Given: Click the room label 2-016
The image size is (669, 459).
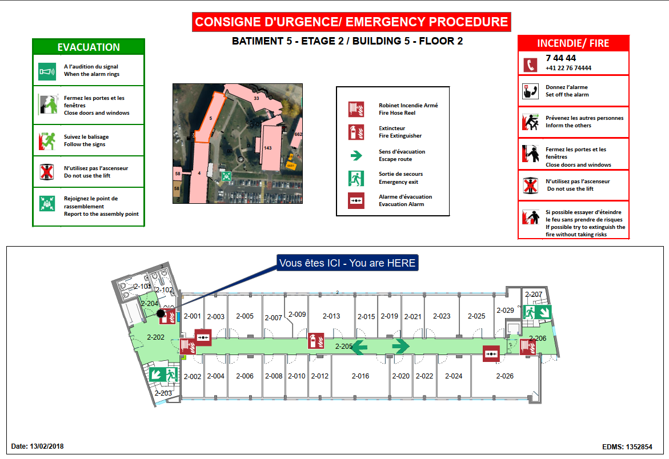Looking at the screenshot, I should tap(360, 376).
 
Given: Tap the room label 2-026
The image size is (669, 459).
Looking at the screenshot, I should tap(504, 376).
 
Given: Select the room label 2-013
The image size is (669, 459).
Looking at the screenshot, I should tap(331, 316).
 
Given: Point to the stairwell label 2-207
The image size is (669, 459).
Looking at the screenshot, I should tap(533, 295).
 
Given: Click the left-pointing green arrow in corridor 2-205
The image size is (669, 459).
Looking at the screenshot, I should tap(359, 346).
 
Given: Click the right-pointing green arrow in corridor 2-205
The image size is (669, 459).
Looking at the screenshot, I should tap(400, 346).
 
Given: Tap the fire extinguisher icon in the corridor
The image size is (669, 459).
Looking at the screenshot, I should tap(316, 341).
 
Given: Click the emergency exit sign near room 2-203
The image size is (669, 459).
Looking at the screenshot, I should tap(164, 375).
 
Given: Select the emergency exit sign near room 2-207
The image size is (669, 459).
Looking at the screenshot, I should tap(536, 312).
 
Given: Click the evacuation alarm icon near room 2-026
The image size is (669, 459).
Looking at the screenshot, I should tap(491, 354).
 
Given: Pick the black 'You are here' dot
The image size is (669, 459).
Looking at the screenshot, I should tap(161, 313).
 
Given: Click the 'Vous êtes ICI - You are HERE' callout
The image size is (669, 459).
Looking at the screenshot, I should tap(347, 263).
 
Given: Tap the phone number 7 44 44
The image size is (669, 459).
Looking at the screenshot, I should tap(561, 58).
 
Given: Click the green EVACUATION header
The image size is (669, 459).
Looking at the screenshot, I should tap(89, 47).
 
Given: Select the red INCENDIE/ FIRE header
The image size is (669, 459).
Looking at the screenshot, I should tap(573, 43).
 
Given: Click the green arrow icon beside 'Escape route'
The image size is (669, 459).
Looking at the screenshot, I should tap(356, 155).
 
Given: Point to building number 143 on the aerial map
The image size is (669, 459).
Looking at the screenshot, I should tap(268, 148).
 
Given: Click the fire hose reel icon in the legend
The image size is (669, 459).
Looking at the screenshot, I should tap(356, 108).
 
